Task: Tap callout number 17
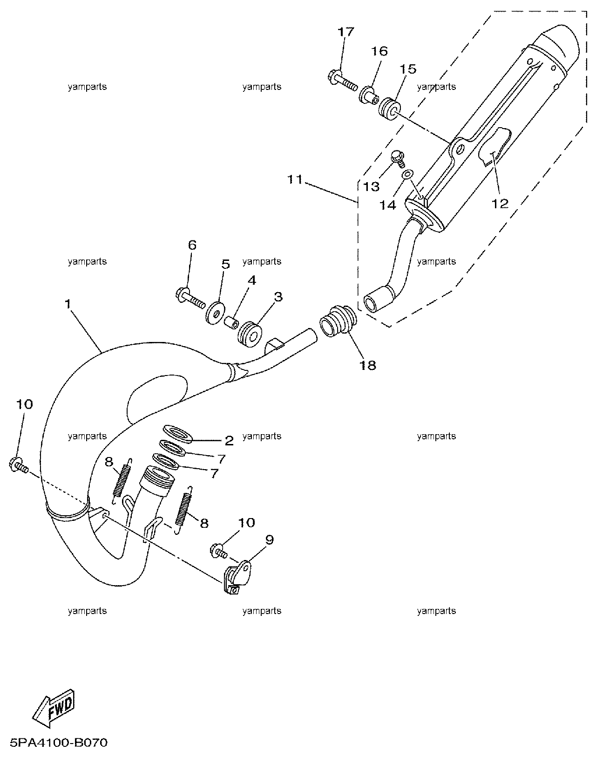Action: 345,32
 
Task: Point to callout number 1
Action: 68,304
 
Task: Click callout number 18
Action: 368,365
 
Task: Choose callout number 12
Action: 500,203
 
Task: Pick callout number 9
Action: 269,539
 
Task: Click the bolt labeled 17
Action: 343,82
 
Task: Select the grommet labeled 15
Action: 389,109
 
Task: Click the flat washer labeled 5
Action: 215,312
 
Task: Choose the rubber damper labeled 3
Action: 250,334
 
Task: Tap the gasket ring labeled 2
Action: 178,434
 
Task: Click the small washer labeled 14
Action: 408,174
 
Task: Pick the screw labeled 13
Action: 399,159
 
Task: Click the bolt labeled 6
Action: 190,299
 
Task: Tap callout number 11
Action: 295,179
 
